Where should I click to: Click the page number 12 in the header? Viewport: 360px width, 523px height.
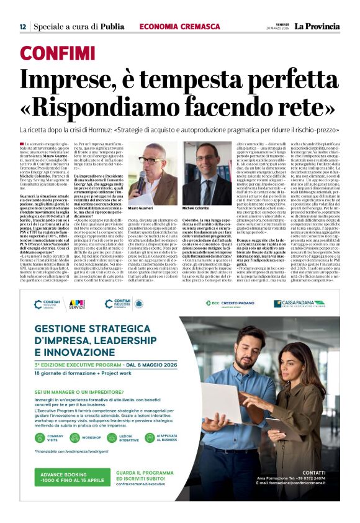tap(22, 26)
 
